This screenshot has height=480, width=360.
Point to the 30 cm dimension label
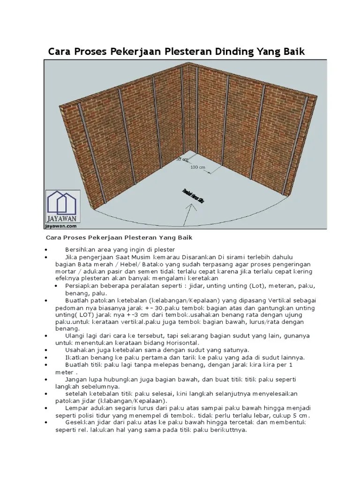coord(181,159)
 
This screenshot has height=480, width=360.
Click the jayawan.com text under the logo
coord(62,225)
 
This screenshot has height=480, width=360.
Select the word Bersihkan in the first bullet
coord(81,249)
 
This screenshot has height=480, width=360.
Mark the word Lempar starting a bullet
coord(77,408)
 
